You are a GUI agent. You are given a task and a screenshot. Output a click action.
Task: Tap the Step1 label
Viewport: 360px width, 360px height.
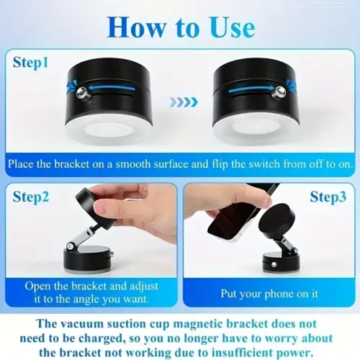point(30,62)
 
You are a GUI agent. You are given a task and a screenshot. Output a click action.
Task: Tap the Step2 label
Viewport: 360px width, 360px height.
point(30,197)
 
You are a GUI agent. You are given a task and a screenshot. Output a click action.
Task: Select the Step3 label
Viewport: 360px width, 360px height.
point(329,197)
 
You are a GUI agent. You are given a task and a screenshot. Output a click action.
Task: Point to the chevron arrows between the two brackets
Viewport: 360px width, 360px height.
point(182,102)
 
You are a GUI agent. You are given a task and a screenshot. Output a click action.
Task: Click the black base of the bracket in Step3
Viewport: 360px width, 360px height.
point(281,261)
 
